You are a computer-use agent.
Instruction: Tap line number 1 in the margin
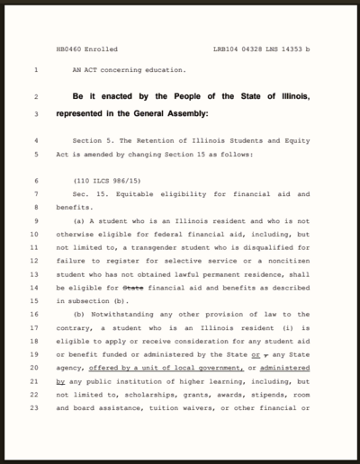click(35, 69)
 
